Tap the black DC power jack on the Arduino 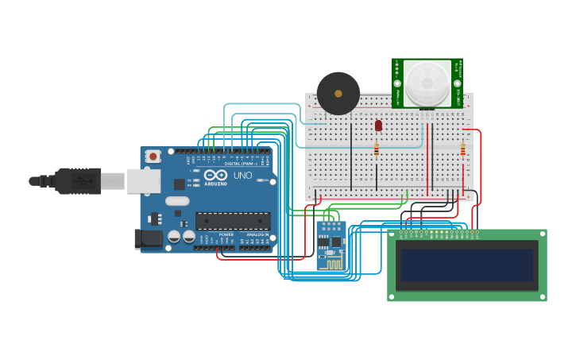(149, 238)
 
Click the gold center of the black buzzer (338, 94)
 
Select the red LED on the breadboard (378, 125)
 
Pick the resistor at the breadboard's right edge (462, 149)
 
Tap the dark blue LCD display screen (467, 265)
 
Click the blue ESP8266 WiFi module (331, 246)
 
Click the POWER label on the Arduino (226, 234)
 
